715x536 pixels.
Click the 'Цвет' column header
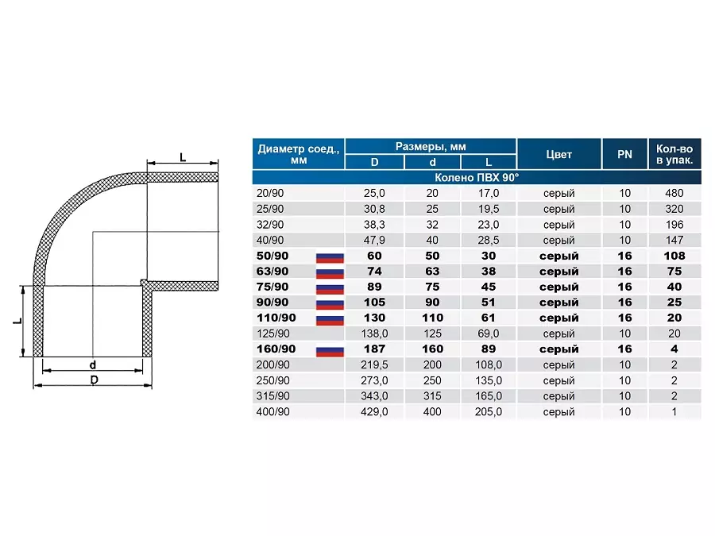click(x=558, y=155)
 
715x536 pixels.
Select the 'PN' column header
click(x=624, y=155)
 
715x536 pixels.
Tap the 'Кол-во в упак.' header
click(x=674, y=155)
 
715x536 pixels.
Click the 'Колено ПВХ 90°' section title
click(x=477, y=177)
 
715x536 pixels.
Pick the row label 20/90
click(x=270, y=193)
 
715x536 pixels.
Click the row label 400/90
click(x=272, y=411)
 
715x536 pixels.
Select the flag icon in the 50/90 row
click(x=330, y=257)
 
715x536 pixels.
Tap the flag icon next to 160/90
click(x=330, y=351)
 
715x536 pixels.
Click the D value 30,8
click(x=374, y=209)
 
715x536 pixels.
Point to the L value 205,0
click(x=489, y=411)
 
